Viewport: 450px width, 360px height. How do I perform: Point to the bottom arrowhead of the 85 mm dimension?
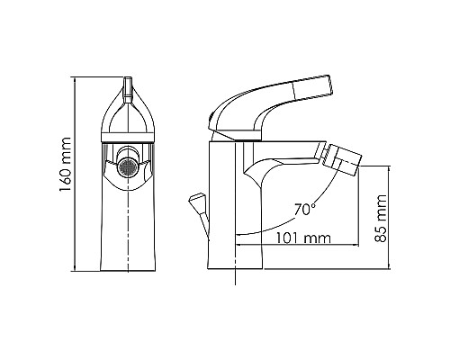click(x=389, y=267)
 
